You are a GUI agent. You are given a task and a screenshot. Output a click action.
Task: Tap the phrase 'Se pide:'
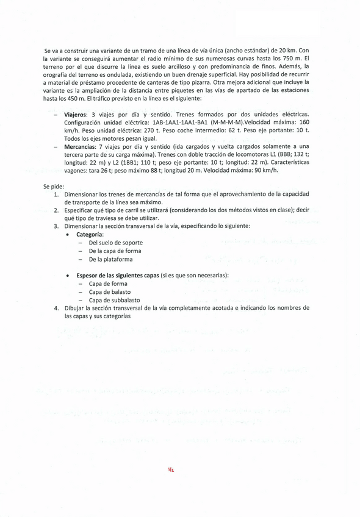[x=53, y=187]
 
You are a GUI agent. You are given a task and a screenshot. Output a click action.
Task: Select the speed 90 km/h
[x=265, y=170]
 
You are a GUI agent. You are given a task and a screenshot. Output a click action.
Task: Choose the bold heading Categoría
[x=90, y=235]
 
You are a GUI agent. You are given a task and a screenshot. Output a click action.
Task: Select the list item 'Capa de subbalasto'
[x=114, y=300]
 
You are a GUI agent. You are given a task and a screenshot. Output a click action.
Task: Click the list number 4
[x=56, y=308]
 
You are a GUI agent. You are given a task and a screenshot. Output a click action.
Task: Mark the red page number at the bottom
[x=171, y=470]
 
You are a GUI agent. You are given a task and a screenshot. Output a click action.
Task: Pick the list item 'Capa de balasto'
[x=109, y=292]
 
